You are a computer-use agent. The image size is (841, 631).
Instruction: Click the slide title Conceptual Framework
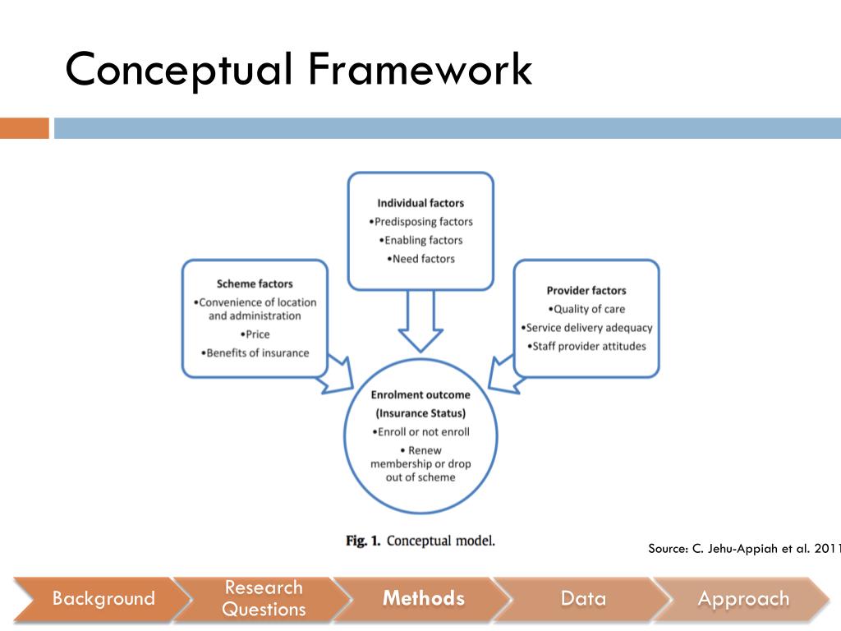click(298, 69)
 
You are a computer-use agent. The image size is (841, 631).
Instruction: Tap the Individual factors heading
click(420, 203)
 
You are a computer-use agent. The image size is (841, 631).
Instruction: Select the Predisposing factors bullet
click(420, 222)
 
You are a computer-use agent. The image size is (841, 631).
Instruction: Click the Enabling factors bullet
click(420, 241)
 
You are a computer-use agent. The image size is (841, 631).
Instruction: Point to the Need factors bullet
click(420, 259)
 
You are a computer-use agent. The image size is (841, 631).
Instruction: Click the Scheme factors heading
click(255, 284)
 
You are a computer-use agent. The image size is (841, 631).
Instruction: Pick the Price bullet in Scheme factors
click(255, 334)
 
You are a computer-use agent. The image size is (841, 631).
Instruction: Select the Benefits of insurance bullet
click(255, 353)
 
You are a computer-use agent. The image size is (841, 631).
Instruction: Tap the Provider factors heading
click(586, 291)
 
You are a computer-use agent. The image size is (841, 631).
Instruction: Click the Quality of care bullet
click(586, 309)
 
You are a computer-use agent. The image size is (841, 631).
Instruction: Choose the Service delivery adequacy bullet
click(586, 328)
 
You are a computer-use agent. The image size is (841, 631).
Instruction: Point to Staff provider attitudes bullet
click(586, 346)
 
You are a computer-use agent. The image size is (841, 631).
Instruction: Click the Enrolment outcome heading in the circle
click(420, 395)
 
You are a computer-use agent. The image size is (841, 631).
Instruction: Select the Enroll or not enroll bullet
click(420, 432)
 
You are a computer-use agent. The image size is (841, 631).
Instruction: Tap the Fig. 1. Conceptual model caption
click(420, 541)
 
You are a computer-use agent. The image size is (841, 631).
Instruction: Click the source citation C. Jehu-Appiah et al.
click(743, 549)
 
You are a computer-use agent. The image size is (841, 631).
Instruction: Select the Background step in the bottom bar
click(103, 599)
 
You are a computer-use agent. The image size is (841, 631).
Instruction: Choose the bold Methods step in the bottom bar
click(423, 599)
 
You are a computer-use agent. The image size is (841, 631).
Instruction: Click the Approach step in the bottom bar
click(742, 599)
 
